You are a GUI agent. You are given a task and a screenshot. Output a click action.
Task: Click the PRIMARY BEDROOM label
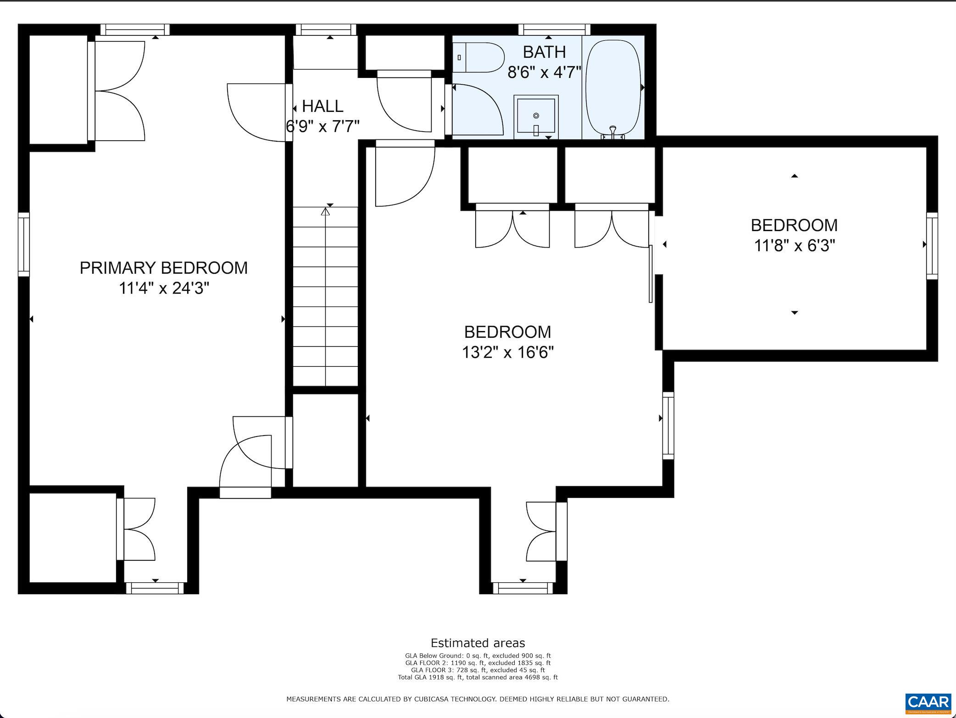coord(164,268)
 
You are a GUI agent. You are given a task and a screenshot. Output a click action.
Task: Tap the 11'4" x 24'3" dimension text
coord(164,288)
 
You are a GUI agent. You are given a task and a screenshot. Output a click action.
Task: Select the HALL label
coord(322,106)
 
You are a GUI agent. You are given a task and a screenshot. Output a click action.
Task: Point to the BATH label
coord(544,52)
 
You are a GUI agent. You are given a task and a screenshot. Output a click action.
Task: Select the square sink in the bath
coord(536,117)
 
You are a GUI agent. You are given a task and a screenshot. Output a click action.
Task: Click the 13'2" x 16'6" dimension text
coord(508,353)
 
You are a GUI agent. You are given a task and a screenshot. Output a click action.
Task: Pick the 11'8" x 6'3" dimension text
coord(795,246)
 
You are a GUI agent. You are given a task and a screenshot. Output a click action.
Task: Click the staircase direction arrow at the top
coord(325,211)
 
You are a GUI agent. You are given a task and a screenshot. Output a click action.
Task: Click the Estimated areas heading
coord(478,643)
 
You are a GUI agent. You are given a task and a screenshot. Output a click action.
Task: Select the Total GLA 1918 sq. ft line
coord(478,677)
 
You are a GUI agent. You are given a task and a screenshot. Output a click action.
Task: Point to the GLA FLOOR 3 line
coord(478,670)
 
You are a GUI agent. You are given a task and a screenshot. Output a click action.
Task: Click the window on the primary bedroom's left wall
coord(24,244)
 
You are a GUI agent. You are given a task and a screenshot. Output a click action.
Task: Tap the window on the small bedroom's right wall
coord(932,246)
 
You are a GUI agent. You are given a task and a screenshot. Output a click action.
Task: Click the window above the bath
coord(554,30)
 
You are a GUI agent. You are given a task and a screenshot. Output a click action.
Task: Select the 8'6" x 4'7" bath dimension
coord(544,72)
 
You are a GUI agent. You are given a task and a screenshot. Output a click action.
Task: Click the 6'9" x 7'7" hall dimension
coord(322,126)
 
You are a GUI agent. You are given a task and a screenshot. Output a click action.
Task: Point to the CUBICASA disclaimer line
coord(478,699)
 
